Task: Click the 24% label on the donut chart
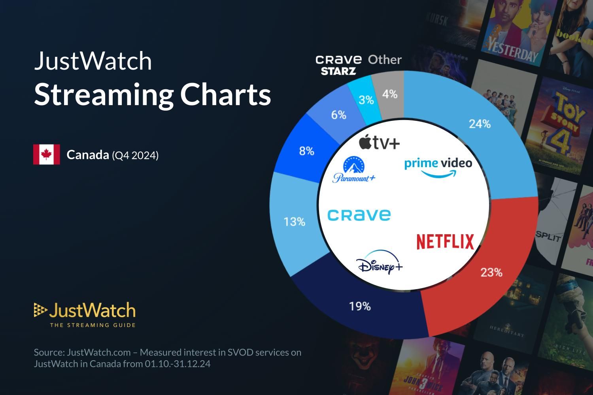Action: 480,124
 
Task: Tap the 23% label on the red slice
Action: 491,272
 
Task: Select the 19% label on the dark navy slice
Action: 360,306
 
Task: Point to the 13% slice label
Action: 294,222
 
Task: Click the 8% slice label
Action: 306,151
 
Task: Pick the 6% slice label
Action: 338,115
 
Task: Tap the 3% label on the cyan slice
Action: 366,100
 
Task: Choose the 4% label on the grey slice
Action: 389,94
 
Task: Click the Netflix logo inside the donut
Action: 445,242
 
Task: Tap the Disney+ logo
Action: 379,263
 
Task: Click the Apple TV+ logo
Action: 379,142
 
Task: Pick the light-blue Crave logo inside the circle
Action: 359,215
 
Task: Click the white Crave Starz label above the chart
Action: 338,65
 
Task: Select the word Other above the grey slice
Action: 385,60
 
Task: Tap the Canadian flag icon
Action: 47,154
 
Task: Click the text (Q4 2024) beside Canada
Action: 135,156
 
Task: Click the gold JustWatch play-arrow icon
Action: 40,310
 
